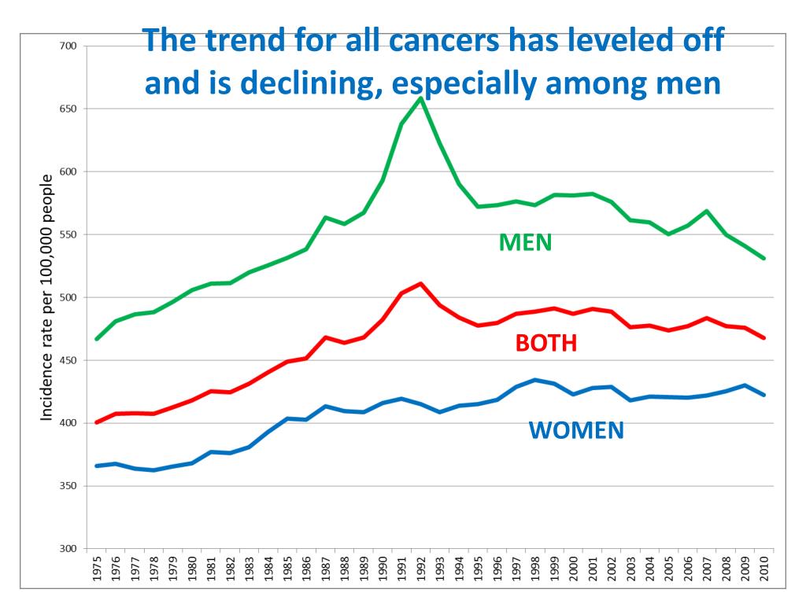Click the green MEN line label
pos(525,243)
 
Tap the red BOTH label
pos(545,344)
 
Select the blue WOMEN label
pos(575,430)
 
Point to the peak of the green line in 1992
pos(420,98)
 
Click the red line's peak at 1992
pos(421,283)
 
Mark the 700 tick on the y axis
pos(68,46)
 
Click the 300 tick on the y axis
pos(68,549)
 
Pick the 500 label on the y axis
pos(68,297)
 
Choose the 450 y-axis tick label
pos(68,360)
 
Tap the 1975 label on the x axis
pos(97,569)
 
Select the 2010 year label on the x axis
pos(763,569)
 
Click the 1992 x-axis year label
pos(420,569)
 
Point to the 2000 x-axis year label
pos(573,569)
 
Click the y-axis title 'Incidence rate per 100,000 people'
pos(47,297)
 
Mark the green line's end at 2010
pos(763,258)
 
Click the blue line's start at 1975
pos(97,466)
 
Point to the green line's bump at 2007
pos(707,211)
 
